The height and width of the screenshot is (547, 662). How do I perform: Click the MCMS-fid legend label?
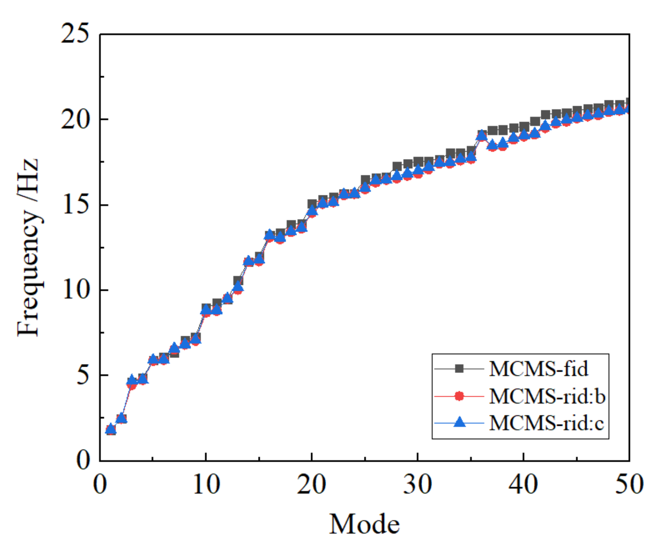[538, 369]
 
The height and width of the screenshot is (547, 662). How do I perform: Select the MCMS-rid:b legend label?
[547, 396]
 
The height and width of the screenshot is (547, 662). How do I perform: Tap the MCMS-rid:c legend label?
[546, 423]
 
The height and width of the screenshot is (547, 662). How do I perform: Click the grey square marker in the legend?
[459, 369]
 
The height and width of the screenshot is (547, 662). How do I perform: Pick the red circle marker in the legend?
[459, 396]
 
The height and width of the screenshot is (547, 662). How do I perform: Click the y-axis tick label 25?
[75, 34]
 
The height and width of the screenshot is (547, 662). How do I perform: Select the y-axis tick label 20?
[75, 119]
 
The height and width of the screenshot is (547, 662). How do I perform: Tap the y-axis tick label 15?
[75, 205]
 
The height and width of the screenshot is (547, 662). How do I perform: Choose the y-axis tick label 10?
[75, 290]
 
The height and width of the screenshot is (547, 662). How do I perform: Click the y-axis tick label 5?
[83, 375]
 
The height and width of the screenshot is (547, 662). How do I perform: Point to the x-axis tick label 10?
[206, 484]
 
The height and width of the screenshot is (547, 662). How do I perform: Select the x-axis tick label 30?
[417, 484]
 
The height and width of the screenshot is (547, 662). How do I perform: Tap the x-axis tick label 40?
[523, 484]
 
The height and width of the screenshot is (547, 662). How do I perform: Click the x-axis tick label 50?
[628, 484]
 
